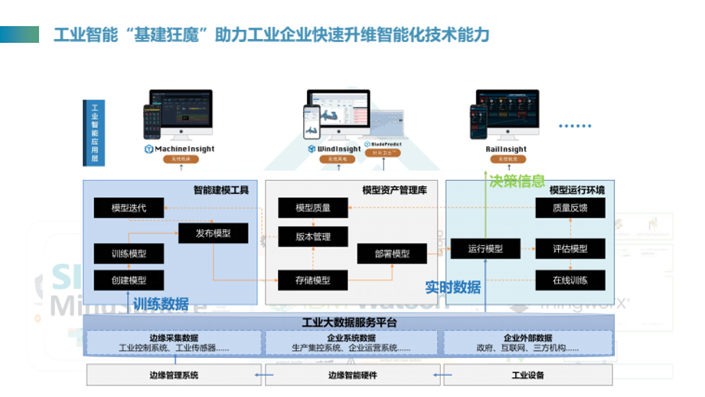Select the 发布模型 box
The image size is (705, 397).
click(x=213, y=234)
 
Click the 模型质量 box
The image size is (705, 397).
click(x=313, y=208)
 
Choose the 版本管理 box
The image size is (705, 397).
click(x=313, y=237)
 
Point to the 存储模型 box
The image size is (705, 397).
click(x=313, y=280)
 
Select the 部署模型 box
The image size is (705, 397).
click(x=392, y=254)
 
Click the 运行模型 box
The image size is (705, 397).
click(x=485, y=248)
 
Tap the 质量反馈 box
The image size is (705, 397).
click(x=570, y=208)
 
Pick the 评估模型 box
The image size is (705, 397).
click(x=570, y=248)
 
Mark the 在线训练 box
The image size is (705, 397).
click(x=570, y=280)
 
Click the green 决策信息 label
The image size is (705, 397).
click(x=517, y=182)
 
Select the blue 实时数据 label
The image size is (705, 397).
click(x=453, y=287)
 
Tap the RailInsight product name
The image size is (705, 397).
click(x=507, y=149)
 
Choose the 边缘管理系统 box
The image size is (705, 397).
click(x=173, y=375)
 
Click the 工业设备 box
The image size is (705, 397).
click(x=527, y=375)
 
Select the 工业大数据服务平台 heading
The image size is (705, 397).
click(x=349, y=321)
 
